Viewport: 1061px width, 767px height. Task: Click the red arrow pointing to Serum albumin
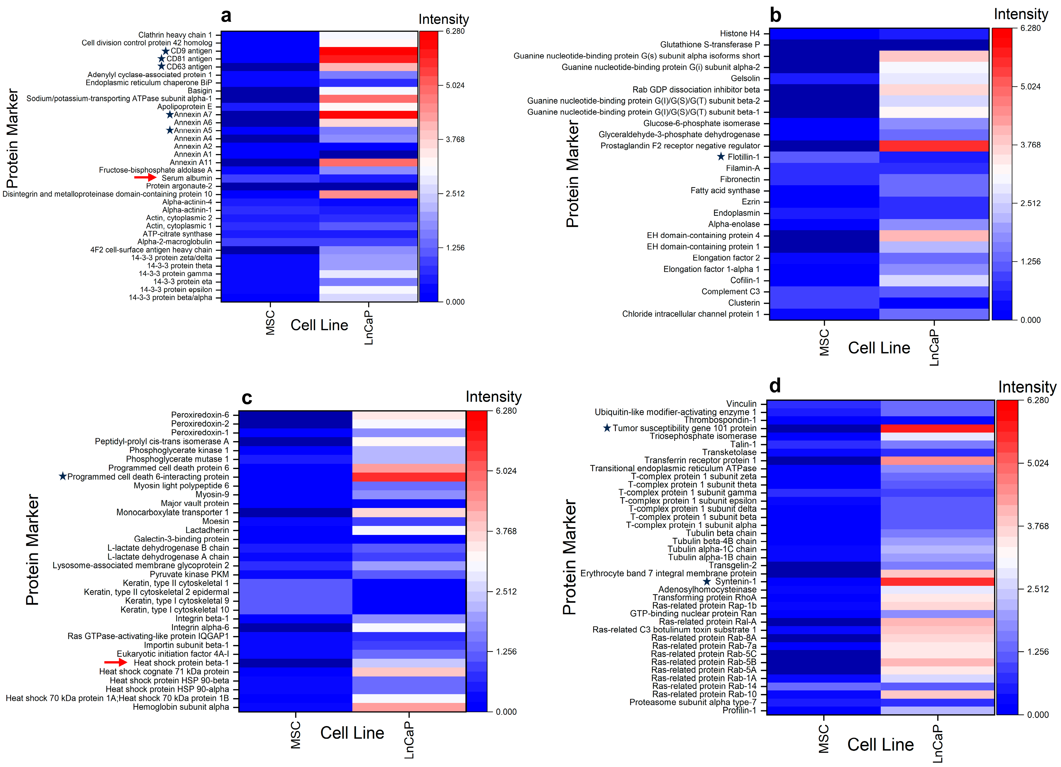145,178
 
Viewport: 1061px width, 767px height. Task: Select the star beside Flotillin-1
721,157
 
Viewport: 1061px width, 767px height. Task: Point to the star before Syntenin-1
707,581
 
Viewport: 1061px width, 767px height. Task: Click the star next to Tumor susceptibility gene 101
607,428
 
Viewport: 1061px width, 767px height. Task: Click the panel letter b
775,16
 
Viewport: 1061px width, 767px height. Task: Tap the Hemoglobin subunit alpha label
181,707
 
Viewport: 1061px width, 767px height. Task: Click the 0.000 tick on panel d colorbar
1038,715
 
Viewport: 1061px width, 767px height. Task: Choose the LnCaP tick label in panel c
409,739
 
